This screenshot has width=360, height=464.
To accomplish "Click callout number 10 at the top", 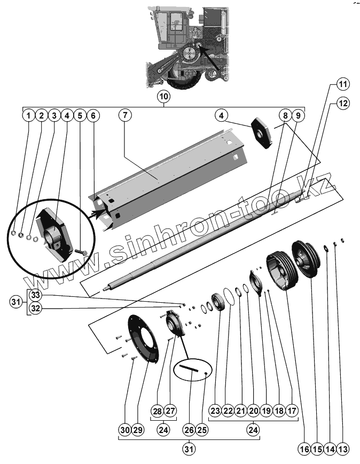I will [163, 97].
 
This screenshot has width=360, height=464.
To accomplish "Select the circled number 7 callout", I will [124, 115].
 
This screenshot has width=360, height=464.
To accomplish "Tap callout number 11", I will [342, 85].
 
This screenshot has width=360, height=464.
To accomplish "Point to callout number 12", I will [342, 103].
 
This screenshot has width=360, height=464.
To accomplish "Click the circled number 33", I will [35, 294].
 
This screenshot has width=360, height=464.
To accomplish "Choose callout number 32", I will [35, 309].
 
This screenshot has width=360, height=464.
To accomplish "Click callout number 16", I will [304, 450].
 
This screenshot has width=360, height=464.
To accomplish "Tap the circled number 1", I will [28, 115].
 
